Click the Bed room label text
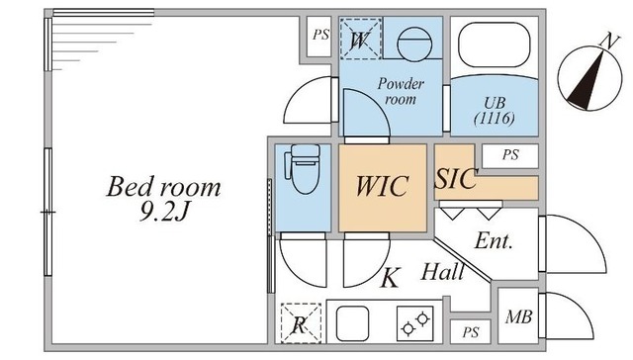(x=163, y=187)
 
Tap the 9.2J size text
(x=164, y=212)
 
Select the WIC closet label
(x=382, y=186)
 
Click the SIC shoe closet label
(x=456, y=178)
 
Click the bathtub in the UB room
(x=494, y=45)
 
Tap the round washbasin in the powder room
(x=414, y=44)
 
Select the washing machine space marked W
(x=360, y=40)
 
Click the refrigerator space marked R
(x=301, y=323)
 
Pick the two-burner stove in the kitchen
(x=415, y=323)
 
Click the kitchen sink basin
(x=352, y=323)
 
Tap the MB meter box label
(x=518, y=317)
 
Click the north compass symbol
(x=589, y=79)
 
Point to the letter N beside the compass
(x=609, y=42)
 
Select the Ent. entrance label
(x=494, y=241)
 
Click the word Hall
(x=442, y=272)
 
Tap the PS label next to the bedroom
(x=320, y=35)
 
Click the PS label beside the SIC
(x=510, y=154)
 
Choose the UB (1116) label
(x=495, y=111)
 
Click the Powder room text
(x=401, y=91)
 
